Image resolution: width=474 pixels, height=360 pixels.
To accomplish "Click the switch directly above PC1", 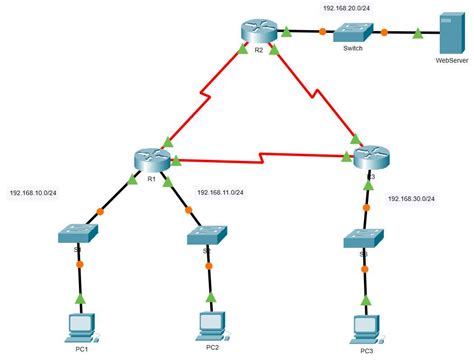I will (x=77, y=236).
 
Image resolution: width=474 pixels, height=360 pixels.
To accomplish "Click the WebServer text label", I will (x=449, y=60).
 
